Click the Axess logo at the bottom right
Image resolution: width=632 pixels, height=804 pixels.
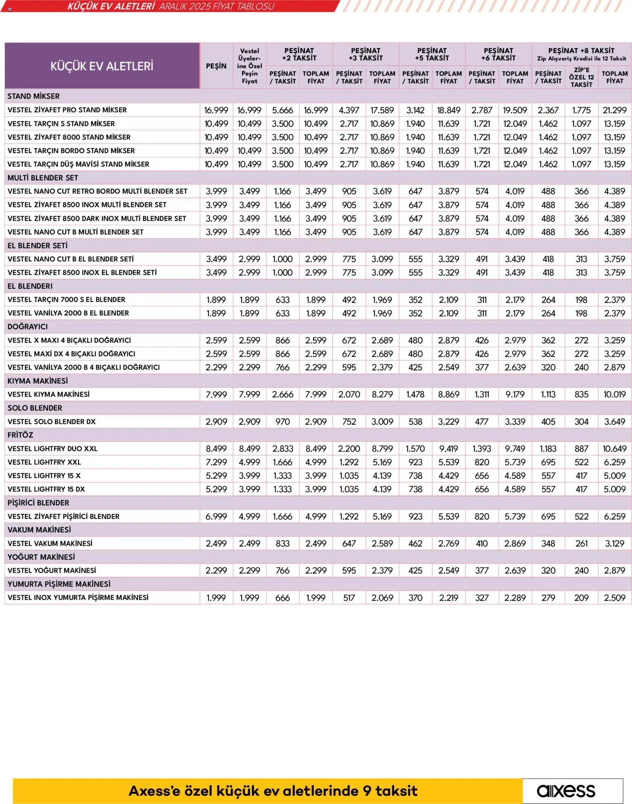pyautogui.click(x=566, y=791)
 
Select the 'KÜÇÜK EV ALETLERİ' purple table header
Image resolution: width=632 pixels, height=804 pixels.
pyautogui.click(x=102, y=66)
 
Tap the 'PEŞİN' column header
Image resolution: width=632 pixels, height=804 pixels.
pyautogui.click(x=216, y=66)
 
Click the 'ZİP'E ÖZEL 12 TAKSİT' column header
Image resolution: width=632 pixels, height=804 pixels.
pyautogui.click(x=581, y=77)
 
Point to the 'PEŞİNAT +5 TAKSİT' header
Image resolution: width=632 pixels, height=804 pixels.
pyautogui.click(x=432, y=54)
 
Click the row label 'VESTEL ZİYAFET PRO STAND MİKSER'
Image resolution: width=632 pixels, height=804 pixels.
pyautogui.click(x=67, y=110)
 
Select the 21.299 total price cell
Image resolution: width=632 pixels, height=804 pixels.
pyautogui.click(x=614, y=110)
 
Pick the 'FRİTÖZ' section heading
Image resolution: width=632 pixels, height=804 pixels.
pyautogui.click(x=20, y=435)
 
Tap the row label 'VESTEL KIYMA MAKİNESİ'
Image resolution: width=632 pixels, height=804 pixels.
pyautogui.click(x=49, y=394)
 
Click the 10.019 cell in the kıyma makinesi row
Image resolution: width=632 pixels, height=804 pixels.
pyautogui.click(x=614, y=394)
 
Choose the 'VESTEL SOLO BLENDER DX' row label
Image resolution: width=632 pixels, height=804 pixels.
pyautogui.click(x=52, y=421)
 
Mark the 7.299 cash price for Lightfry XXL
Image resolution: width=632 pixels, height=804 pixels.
pyautogui.click(x=216, y=462)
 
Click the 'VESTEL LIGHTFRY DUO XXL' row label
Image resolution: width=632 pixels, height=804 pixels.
pyautogui.click(x=53, y=448)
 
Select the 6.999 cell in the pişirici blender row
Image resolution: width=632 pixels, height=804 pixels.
pyautogui.click(x=216, y=516)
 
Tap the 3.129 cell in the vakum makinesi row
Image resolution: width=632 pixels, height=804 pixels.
pyautogui.click(x=614, y=543)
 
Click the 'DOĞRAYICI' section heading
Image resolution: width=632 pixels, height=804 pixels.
pyautogui.click(x=28, y=326)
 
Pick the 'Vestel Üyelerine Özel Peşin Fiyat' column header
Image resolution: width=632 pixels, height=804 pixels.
pyautogui.click(x=250, y=66)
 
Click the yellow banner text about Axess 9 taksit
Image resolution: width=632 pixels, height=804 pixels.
pyautogui.click(x=273, y=791)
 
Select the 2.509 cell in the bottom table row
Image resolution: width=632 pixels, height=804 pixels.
pyautogui.click(x=614, y=598)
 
